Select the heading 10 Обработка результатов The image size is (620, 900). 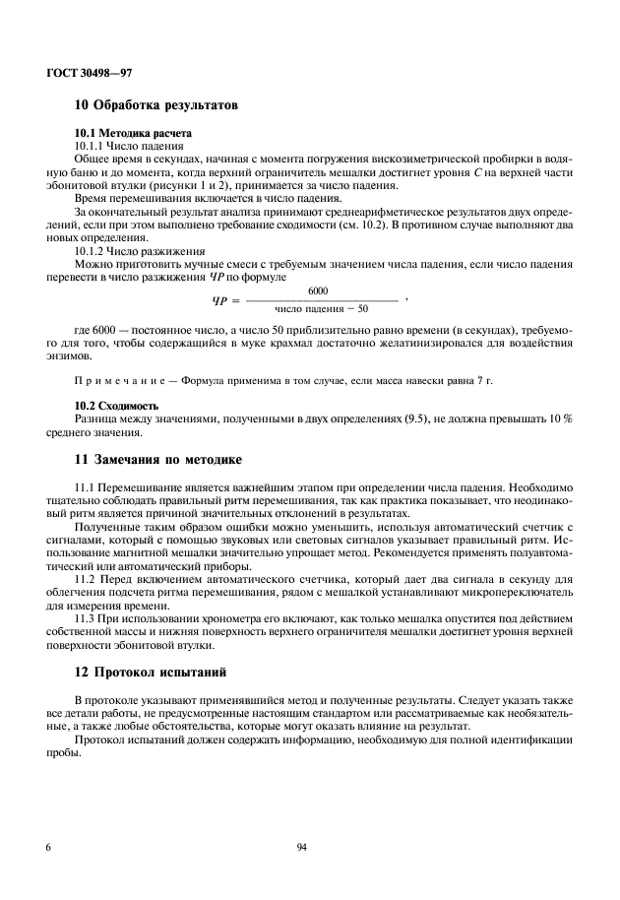[x=155, y=105]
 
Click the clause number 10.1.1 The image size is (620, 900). [x=93, y=145]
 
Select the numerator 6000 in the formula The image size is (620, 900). [x=318, y=291]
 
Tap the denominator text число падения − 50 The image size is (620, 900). [x=321, y=309]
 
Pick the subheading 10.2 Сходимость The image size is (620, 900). [x=117, y=406]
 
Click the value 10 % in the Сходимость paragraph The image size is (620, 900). [x=560, y=418]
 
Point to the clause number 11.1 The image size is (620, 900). [x=86, y=487]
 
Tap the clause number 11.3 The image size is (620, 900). [x=86, y=619]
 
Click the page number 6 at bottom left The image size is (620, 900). [x=48, y=846]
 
